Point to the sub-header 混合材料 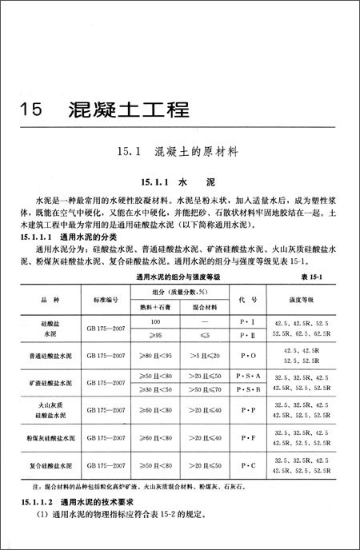click(x=198, y=305)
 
